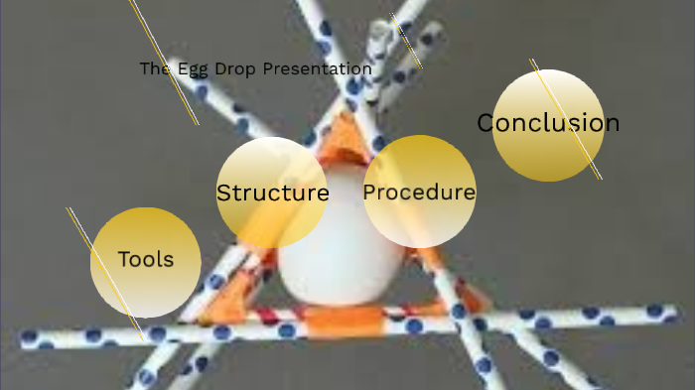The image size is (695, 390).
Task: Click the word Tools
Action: pyautogui.click(x=145, y=260)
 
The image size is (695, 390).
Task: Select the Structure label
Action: pyautogui.click(x=272, y=193)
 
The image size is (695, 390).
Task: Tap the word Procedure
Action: pyautogui.click(x=419, y=192)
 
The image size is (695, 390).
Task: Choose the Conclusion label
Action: pyautogui.click(x=548, y=123)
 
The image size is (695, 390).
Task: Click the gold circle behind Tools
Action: pyautogui.click(x=145, y=293)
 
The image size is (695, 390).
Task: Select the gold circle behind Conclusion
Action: pyautogui.click(x=548, y=159)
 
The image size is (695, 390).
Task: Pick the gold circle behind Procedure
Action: pyautogui.click(x=419, y=226)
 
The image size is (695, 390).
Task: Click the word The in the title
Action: pyautogui.click(x=157, y=69)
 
